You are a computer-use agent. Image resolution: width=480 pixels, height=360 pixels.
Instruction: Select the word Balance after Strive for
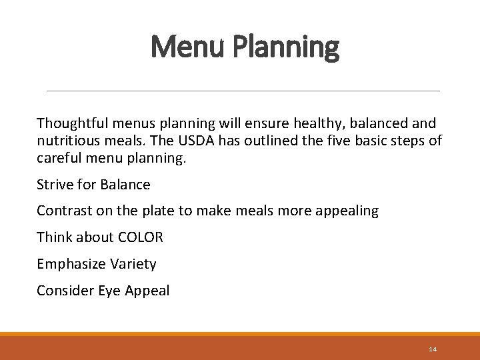pyautogui.click(x=125, y=185)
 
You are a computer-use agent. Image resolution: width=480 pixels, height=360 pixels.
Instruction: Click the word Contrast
pyautogui.click(x=65, y=211)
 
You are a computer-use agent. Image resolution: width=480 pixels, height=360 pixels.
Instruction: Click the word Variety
pyautogui.click(x=134, y=265)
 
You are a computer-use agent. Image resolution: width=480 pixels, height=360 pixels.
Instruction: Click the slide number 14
pyautogui.click(x=433, y=349)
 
